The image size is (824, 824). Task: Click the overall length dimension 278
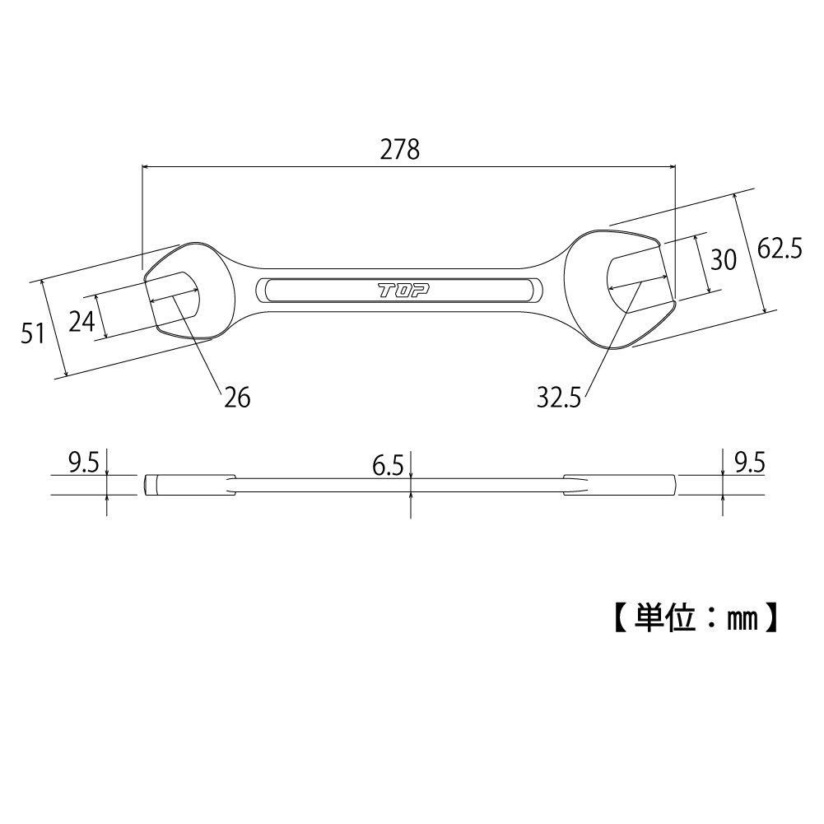400,149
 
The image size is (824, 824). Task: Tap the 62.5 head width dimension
780,249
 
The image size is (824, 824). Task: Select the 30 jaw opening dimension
722,260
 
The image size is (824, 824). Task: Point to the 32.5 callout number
559,398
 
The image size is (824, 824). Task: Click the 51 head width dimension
33,333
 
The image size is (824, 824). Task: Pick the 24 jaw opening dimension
81,320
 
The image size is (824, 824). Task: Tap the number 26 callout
236,398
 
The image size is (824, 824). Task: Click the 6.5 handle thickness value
387,467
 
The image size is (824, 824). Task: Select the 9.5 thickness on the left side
83,463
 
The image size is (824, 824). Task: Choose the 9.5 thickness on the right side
747,463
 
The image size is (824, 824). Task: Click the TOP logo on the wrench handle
399,290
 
